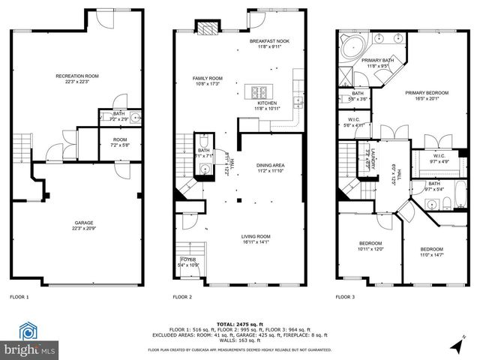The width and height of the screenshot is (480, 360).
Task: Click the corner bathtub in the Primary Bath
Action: tap(350, 46)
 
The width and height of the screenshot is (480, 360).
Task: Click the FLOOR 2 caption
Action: tap(183, 297)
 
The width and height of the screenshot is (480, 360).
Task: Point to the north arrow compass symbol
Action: tap(457, 346)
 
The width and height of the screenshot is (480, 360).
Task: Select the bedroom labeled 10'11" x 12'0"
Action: tap(370, 246)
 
